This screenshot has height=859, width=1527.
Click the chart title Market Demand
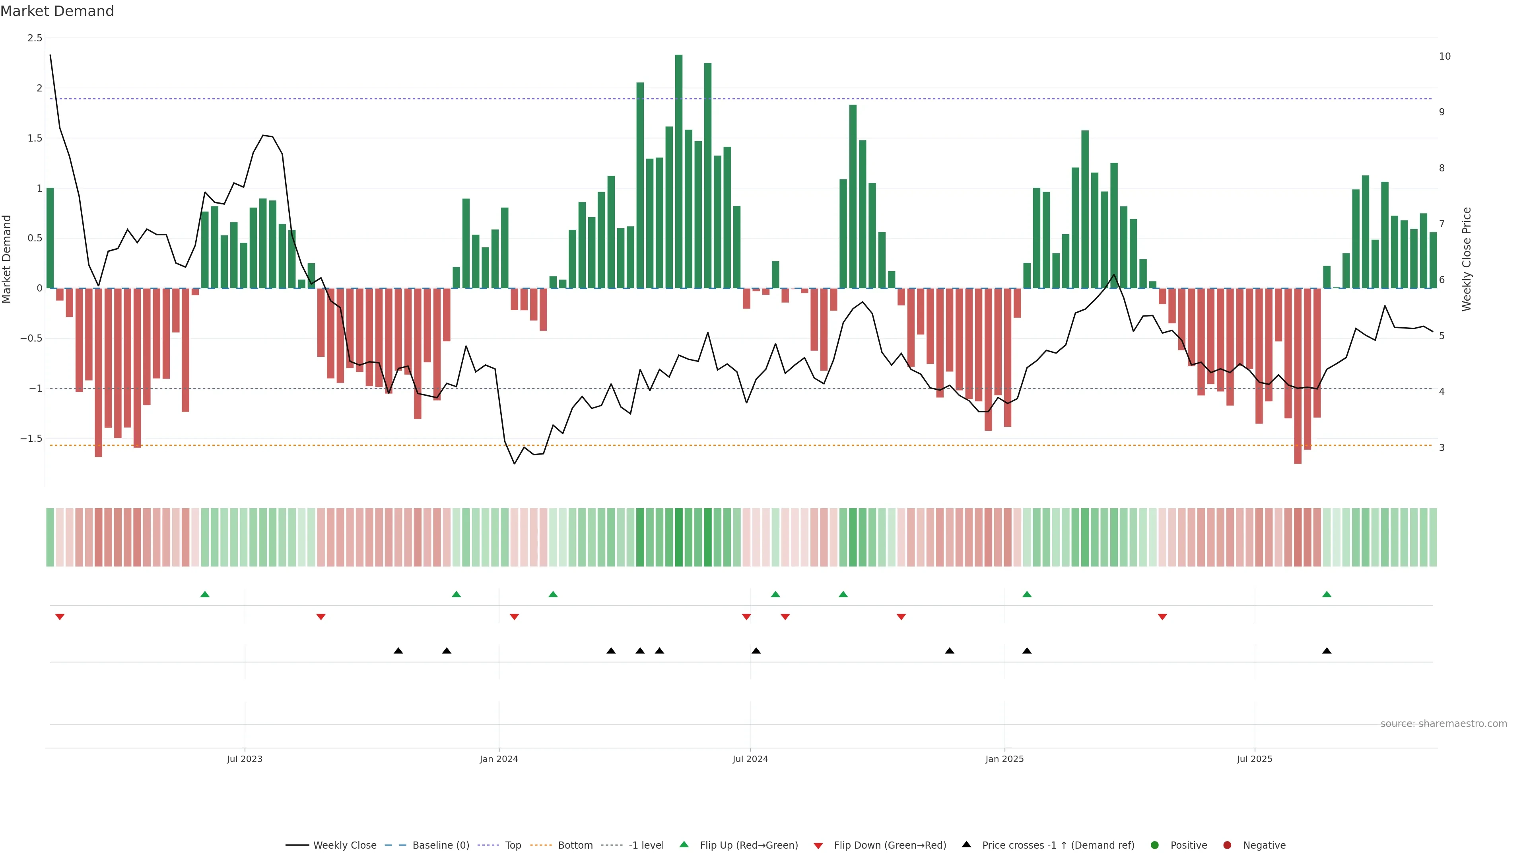(57, 11)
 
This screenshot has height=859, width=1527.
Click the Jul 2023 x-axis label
(244, 759)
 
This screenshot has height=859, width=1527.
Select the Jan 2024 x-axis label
(499, 759)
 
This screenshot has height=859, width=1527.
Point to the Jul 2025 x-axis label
(1254, 759)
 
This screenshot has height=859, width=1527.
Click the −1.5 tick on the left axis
(31, 439)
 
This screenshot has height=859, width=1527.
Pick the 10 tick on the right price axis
(1445, 56)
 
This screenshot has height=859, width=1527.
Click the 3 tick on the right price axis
(1442, 447)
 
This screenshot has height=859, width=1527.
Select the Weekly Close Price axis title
(1467, 259)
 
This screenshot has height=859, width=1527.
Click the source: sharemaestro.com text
(1443, 724)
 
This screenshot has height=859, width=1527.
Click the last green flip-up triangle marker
(1327, 594)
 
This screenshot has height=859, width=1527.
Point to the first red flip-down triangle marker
(60, 617)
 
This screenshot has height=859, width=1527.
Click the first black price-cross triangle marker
(398, 651)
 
